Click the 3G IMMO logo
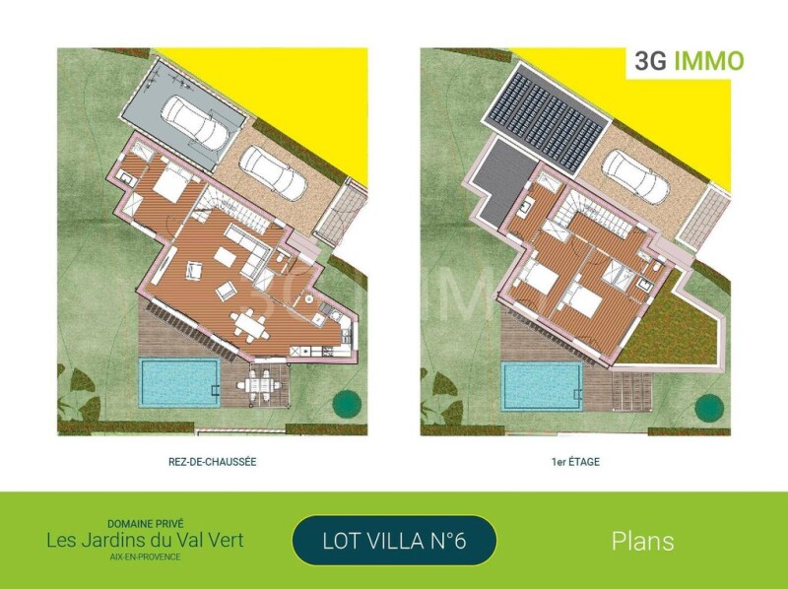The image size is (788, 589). [x=689, y=61]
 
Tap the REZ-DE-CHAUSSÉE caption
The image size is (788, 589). [x=212, y=462]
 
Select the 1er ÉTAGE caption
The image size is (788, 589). [x=575, y=462]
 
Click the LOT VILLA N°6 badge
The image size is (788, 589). [x=394, y=541]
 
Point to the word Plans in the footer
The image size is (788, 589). [x=642, y=542]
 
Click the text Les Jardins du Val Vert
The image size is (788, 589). [x=145, y=541]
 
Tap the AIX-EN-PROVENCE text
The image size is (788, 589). [x=145, y=556]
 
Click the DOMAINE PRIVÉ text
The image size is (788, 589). [x=145, y=524]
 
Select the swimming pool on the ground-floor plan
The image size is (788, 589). [x=180, y=383]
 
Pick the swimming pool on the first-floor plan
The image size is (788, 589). [x=543, y=385]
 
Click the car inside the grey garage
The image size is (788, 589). [x=198, y=120]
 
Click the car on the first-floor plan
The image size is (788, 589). [x=635, y=178]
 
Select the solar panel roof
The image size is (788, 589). [x=546, y=119]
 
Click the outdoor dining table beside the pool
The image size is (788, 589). [x=257, y=386]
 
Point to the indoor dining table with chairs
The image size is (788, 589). [x=248, y=325]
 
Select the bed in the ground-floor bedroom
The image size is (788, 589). [x=170, y=183]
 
